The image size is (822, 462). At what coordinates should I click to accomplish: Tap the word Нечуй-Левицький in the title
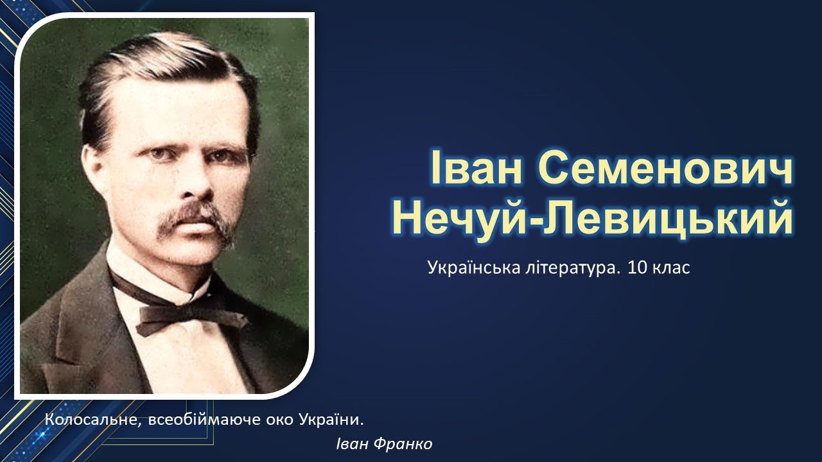592,218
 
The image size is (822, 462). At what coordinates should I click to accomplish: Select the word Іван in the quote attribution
351,444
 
